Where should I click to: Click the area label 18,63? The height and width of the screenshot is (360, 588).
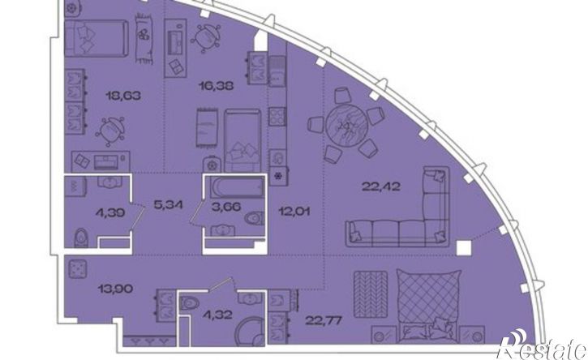click(x=123, y=96)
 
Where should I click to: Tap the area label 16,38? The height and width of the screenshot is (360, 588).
click(x=216, y=86)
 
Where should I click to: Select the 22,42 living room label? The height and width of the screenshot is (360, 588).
click(x=381, y=186)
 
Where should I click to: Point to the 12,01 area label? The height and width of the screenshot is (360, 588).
click(x=294, y=212)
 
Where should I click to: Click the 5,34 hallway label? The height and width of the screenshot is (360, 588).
click(x=169, y=205)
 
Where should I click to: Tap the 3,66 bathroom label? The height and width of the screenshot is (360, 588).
click(x=225, y=206)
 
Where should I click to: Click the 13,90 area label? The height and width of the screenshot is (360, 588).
click(x=115, y=289)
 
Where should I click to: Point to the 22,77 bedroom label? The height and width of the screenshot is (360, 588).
click(x=324, y=320)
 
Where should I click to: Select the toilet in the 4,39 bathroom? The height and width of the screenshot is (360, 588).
click(x=81, y=238)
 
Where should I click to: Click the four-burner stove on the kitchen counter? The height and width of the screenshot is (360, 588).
click(x=277, y=117)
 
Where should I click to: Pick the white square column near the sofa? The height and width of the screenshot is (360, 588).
click(x=463, y=248)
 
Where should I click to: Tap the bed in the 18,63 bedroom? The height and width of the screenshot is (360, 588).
click(x=97, y=38)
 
